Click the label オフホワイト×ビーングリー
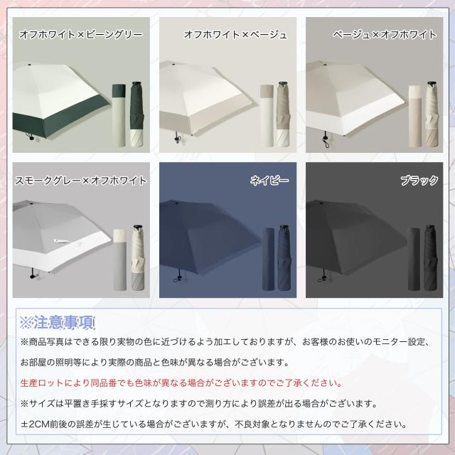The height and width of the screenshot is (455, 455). click(x=80, y=33)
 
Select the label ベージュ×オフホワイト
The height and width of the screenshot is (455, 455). click(x=385, y=33)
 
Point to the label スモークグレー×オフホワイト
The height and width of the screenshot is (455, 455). click(x=80, y=181)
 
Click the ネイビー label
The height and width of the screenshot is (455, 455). click(x=269, y=181)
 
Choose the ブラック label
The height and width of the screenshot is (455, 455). click(x=419, y=181)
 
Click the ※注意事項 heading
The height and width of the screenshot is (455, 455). click(x=58, y=323)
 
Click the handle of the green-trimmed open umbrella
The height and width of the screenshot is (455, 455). click(x=29, y=135)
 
